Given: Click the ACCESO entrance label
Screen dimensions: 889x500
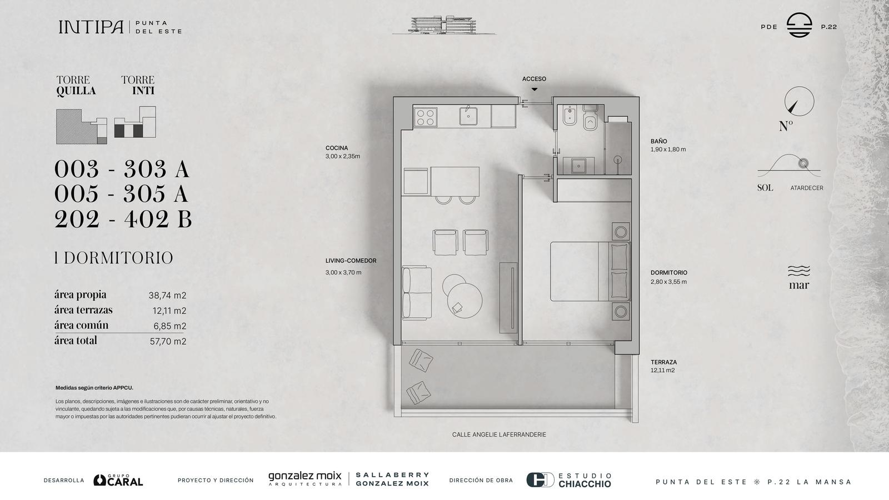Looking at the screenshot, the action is pyautogui.click(x=534, y=79).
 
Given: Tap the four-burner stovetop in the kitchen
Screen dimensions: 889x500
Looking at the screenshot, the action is pyautogui.click(x=426, y=117).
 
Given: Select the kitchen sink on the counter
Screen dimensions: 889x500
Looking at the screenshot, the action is pyautogui.click(x=468, y=116).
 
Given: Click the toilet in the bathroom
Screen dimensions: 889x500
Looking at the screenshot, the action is pyautogui.click(x=590, y=118).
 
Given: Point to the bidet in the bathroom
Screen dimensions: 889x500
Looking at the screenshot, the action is pyautogui.click(x=570, y=116).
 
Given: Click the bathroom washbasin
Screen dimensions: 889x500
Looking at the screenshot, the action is pyautogui.click(x=578, y=166).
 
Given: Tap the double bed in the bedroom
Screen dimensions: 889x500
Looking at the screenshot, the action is pyautogui.click(x=590, y=272).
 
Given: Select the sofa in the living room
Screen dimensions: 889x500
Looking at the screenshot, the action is pyautogui.click(x=417, y=293).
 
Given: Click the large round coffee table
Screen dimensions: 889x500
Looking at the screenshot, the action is pyautogui.click(x=465, y=301).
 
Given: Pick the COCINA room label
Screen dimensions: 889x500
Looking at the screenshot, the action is pyautogui.click(x=337, y=148).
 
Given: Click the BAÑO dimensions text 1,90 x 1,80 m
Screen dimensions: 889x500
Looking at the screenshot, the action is pyautogui.click(x=668, y=149).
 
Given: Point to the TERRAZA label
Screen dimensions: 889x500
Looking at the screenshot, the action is pyautogui.click(x=663, y=362).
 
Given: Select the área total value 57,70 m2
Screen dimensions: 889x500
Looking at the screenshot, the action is pyautogui.click(x=168, y=341).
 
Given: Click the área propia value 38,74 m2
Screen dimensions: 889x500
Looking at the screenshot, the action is pyautogui.click(x=167, y=296).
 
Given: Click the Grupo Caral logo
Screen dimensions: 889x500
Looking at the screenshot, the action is pyautogui.click(x=118, y=480).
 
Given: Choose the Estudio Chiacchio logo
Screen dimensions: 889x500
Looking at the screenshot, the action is pyautogui.click(x=569, y=480).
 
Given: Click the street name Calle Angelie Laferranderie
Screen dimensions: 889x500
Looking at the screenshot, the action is pyautogui.click(x=499, y=434).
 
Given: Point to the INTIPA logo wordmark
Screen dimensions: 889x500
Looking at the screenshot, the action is pyautogui.click(x=91, y=27).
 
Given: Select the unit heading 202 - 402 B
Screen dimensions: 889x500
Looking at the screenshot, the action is pyautogui.click(x=123, y=219).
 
